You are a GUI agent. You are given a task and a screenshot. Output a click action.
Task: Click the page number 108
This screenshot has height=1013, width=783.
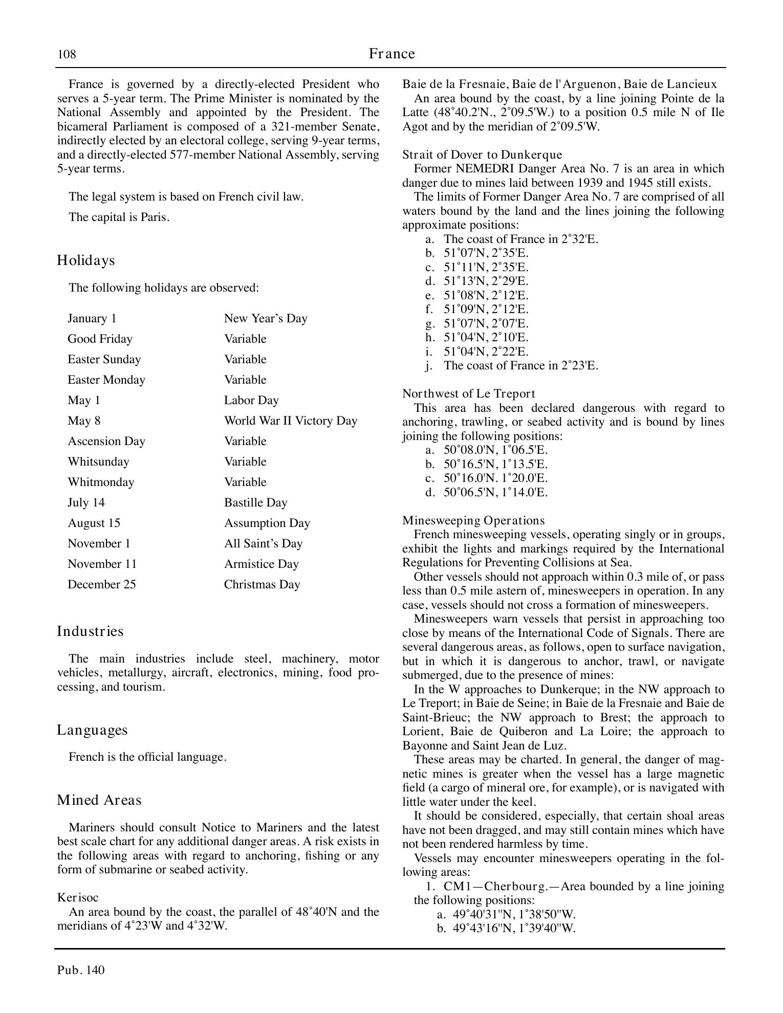67,54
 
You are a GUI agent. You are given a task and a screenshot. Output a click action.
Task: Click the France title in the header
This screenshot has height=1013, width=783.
391,54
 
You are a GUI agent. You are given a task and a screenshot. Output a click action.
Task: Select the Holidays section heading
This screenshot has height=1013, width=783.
86,260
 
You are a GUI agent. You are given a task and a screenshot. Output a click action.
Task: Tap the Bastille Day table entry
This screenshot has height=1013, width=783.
255,502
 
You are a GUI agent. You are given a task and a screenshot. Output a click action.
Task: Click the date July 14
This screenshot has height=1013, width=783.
86,502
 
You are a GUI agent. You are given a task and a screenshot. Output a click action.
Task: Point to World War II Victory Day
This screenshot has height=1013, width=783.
290,421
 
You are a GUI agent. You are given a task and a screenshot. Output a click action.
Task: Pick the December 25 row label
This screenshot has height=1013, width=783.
102,584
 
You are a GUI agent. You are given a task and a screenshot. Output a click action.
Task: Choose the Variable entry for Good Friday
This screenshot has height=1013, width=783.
245,339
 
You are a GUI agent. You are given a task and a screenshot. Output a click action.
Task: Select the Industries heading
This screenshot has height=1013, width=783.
90,631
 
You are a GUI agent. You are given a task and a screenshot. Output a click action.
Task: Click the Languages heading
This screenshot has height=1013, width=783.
92,730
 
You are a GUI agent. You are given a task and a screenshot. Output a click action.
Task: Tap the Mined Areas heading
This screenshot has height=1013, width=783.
99,800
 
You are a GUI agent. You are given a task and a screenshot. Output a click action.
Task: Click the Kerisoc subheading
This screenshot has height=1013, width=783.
78,897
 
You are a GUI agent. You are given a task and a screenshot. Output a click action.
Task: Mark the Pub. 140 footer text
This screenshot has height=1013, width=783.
81,970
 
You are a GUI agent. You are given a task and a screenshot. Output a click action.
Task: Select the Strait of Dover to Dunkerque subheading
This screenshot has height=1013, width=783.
482,155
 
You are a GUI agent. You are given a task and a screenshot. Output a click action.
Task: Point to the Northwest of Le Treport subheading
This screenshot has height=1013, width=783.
468,393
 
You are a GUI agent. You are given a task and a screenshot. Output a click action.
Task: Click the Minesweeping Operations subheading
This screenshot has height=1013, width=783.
473,520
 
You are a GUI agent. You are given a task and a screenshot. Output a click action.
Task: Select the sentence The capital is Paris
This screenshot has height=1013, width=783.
119,217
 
